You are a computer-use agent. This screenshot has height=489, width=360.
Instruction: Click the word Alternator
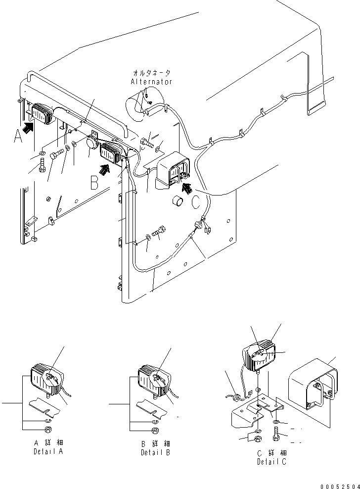tap(151, 82)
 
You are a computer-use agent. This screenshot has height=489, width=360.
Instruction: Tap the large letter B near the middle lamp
tap(94, 184)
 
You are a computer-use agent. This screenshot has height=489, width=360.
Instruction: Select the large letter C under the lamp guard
tap(196, 201)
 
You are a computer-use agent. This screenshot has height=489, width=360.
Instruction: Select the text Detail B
tap(156, 452)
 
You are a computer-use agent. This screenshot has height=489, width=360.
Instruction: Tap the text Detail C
tap(271, 462)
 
